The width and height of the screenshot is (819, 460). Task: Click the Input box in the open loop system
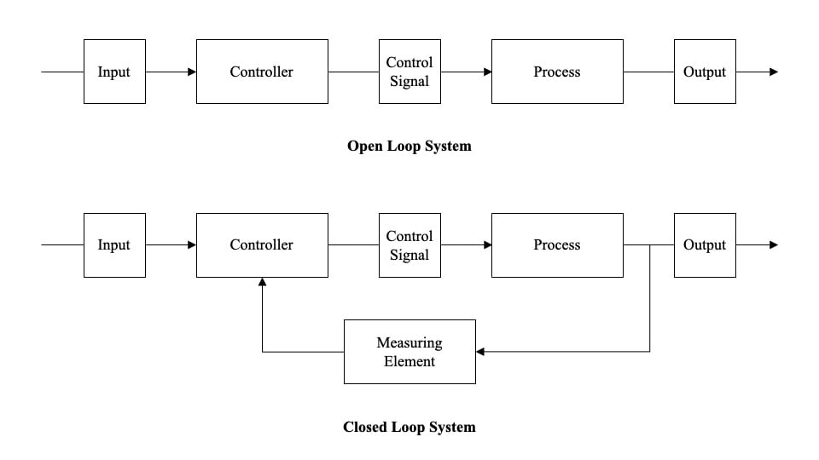pos(114,72)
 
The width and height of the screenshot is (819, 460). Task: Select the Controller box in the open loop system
pos(262,72)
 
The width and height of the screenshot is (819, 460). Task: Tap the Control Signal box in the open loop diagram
pos(409,72)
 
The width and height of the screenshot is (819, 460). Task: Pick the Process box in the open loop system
pos(557,72)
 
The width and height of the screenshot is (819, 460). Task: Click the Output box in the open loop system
pos(705,72)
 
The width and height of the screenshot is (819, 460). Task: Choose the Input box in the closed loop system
pos(114,244)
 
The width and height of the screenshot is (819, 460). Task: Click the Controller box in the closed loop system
pos(262,244)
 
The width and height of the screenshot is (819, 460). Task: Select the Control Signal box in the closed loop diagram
pos(409,244)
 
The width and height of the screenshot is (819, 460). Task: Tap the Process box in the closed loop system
pos(557,244)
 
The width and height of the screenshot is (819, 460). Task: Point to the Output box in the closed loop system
pos(705,244)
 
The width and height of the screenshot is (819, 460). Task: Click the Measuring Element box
pos(409,352)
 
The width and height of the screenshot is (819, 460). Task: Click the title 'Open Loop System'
pos(409,146)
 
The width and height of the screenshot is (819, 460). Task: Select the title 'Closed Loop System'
pos(409,427)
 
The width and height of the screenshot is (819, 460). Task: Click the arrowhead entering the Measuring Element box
pos(481,351)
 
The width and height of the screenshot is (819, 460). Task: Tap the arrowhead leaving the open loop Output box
pos(773,72)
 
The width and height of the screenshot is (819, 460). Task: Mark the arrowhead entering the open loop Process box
pos(487,72)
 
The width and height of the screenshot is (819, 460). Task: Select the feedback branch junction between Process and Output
pos(650,245)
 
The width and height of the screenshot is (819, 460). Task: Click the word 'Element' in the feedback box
pos(409,361)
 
